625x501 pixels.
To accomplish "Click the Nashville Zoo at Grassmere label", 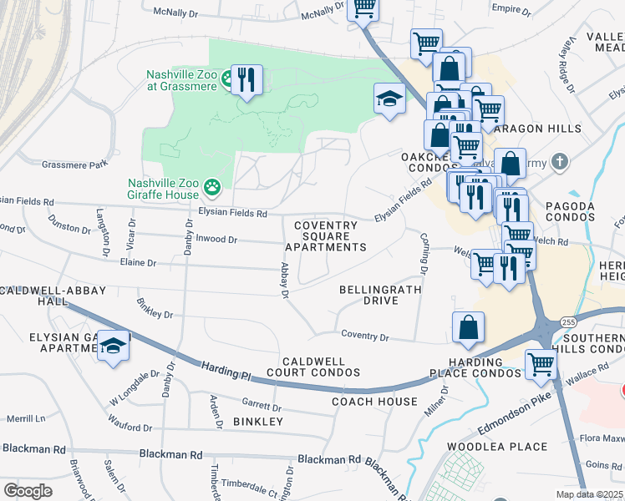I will coord(181,80).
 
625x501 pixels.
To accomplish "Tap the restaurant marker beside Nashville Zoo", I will coord(246,80).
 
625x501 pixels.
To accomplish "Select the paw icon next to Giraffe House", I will coord(213,189).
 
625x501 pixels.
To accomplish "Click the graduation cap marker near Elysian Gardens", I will coord(112,346).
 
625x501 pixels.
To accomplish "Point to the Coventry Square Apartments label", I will coord(326,236).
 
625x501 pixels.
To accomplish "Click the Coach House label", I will coord(374,402).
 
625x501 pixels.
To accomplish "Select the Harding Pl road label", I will coord(226,372).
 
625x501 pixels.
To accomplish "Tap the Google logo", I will coord(28,491).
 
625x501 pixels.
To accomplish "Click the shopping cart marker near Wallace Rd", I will coord(541,363).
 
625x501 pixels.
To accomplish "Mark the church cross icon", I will coord(561,160).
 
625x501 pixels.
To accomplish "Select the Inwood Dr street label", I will coord(217,240).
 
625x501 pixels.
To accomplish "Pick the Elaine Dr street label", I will coord(139,263).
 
